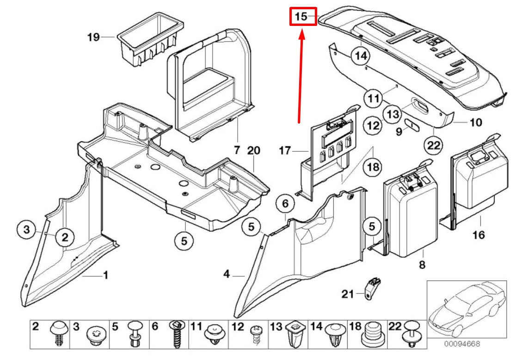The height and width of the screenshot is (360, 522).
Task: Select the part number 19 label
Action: (93, 37)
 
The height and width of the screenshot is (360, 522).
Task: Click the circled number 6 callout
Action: (285, 204)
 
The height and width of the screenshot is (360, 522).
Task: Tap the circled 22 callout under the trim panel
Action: (434, 145)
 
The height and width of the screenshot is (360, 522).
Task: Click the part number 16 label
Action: (479, 235)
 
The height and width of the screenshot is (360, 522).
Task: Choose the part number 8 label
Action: (422, 265)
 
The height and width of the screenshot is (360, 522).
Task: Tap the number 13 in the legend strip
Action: (276, 327)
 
